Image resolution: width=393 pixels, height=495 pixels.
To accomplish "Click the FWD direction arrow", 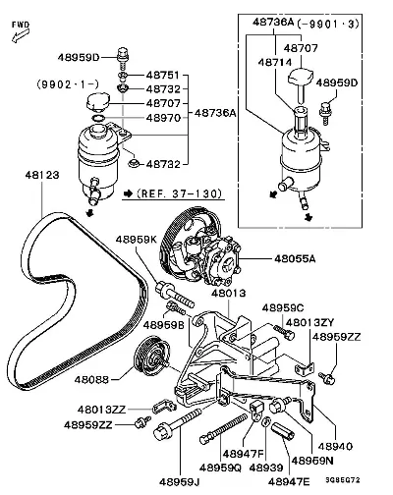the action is pos(21,35).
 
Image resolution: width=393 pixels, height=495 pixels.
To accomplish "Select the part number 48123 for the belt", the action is pos(42,175).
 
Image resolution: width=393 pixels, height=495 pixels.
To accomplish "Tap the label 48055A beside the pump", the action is pos(295,259).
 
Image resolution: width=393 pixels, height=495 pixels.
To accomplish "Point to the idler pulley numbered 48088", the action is pos(151,357).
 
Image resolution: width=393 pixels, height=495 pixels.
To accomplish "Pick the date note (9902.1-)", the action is pos(68,84).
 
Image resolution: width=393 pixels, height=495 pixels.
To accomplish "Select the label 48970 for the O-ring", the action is pos(163,118).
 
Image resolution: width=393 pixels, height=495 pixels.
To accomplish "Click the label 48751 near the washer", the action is pos(163,76).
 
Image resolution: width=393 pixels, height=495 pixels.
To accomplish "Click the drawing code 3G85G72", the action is pos(343,480).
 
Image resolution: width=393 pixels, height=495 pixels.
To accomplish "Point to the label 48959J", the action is pos(180,482).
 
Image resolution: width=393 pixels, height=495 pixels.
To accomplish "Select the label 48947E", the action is pos(289,482).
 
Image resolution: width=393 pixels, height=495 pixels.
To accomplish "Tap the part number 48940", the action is pos(335,446).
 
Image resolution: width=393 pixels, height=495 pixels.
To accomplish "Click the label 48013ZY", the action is pos(309,323).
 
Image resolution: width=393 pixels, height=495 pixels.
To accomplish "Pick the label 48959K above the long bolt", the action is pos(137,240).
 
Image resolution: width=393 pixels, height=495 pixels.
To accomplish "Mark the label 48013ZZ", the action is pos(101,410).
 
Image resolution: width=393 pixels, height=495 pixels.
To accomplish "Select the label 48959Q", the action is pos(220,467).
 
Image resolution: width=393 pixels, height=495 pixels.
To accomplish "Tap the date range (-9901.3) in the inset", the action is pos(328,24).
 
